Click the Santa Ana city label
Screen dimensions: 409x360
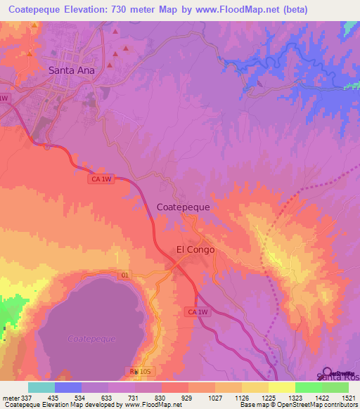coord(71,70)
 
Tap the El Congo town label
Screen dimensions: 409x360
coord(195,249)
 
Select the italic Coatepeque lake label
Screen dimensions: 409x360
coord(91,339)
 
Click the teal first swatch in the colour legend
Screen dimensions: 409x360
coord(41,387)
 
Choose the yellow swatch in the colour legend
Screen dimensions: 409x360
coord(281,387)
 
